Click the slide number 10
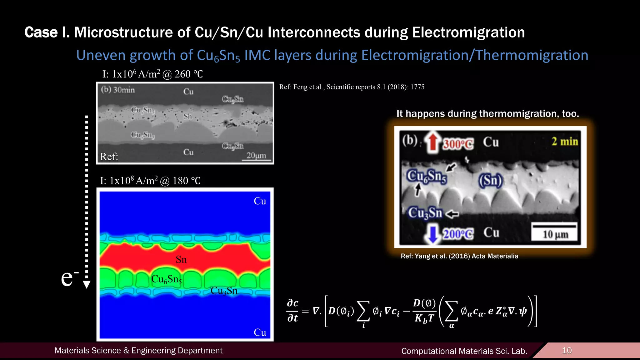tap(567, 350)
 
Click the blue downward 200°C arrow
tap(433, 234)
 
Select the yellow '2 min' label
tap(565, 141)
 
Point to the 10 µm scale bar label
tap(555, 234)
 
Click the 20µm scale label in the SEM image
tap(256, 155)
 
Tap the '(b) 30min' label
tap(118, 90)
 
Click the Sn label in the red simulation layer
tap(181, 259)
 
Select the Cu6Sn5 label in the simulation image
tap(166, 279)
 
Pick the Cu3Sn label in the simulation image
tap(224, 291)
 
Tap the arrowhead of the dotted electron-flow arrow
tap(87, 284)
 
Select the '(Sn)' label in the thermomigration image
tap(491, 181)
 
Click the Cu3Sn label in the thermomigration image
tap(425, 213)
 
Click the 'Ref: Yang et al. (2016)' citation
tap(459, 256)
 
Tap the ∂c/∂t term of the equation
tap(292, 311)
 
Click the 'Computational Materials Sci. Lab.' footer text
tap(464, 351)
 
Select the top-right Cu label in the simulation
tap(260, 201)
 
